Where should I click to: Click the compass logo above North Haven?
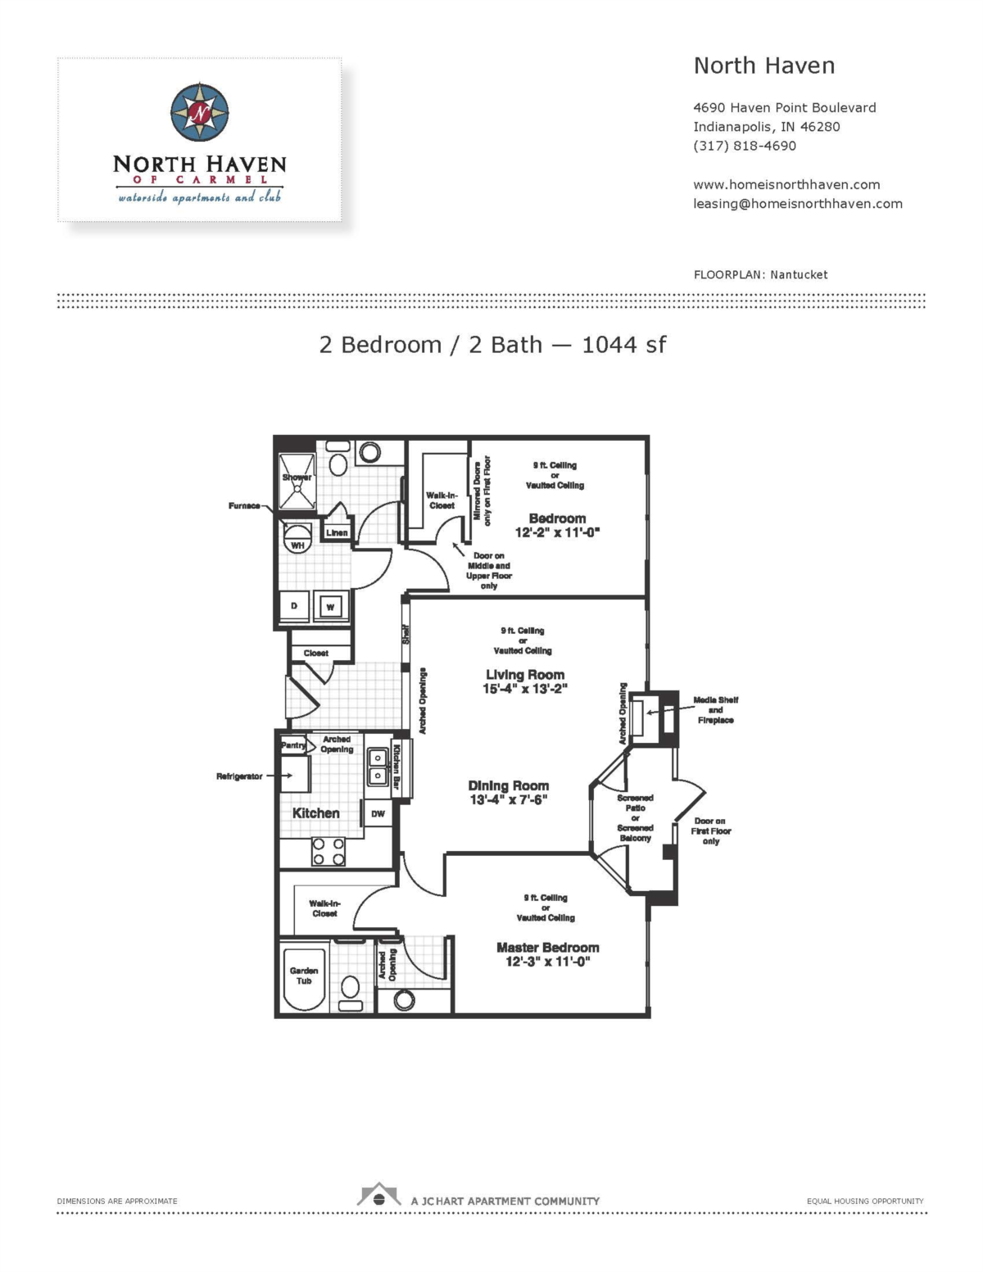pyautogui.click(x=200, y=112)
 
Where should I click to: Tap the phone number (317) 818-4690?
pyautogui.click(x=744, y=146)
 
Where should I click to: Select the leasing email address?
pyautogui.click(x=797, y=204)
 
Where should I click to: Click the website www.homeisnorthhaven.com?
pyautogui.click(x=786, y=184)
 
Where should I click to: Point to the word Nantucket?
pyautogui.click(x=799, y=274)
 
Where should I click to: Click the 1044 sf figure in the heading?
pyautogui.click(x=623, y=345)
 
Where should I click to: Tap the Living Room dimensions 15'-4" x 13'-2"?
pyautogui.click(x=524, y=688)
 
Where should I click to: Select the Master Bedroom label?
pyautogui.click(x=547, y=947)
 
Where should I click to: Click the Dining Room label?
pyautogui.click(x=508, y=785)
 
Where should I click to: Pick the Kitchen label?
pyautogui.click(x=315, y=813)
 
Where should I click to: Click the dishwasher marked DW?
pyautogui.click(x=378, y=813)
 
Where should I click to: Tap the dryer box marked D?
pyautogui.click(x=294, y=606)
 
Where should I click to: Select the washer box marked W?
pyautogui.click(x=331, y=606)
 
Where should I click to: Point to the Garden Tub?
pyautogui.click(x=304, y=980)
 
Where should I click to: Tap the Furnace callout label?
pyautogui.click(x=244, y=505)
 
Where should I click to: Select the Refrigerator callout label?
pyautogui.click(x=239, y=776)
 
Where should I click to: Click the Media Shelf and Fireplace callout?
pyautogui.click(x=715, y=710)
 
